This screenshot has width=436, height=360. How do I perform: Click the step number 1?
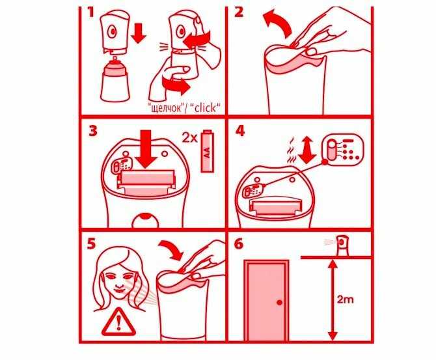point(90,12)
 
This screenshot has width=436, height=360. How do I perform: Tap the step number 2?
point(238,12)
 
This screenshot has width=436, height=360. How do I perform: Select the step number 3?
point(93,131)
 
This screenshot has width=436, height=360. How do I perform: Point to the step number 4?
point(239,131)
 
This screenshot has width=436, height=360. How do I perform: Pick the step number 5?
point(91,243)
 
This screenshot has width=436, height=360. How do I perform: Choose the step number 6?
point(239,243)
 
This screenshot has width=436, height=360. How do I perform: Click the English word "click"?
point(205,107)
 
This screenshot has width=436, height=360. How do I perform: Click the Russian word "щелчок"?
point(166,108)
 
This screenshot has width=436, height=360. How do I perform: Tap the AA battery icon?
point(207,151)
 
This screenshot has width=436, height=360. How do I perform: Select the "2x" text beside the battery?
point(189,137)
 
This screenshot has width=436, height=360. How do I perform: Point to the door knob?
point(280,303)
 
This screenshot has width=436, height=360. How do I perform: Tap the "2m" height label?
point(345,299)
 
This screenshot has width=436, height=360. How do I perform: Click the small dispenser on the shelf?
point(342,245)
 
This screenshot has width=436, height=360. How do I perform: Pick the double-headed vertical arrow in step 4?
point(307,150)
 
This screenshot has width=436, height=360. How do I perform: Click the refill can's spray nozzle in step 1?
point(115,59)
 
